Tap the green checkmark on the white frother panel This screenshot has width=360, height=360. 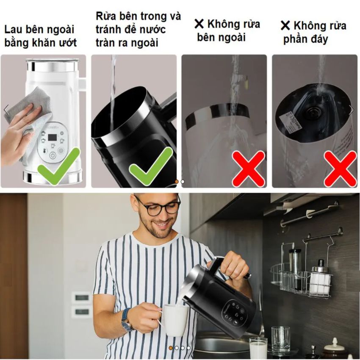(x=59, y=166)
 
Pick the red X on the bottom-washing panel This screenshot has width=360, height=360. (x=340, y=169)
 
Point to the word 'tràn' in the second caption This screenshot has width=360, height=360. (x=108, y=43)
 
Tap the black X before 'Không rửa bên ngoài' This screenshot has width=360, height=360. (x=199, y=24)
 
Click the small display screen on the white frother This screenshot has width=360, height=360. (x=53, y=138)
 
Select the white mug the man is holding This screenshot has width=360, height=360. (x=174, y=319)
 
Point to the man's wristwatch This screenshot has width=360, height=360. (x=127, y=319)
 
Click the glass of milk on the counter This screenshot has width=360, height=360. (x=258, y=348)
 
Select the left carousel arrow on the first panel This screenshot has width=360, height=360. (x=6, y=110)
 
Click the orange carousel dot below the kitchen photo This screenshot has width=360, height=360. (x=171, y=348)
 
